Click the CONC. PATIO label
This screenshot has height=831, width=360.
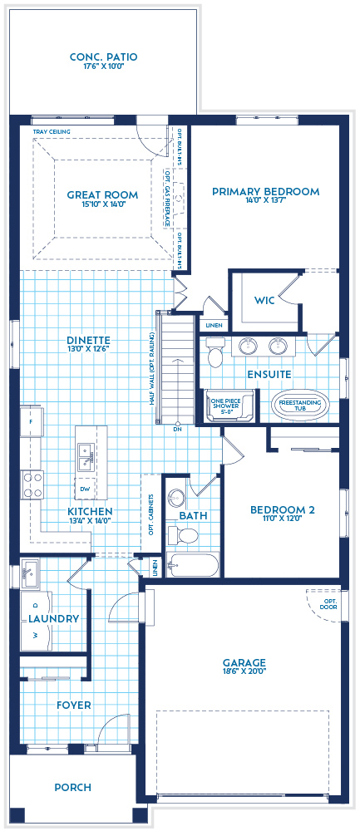pyautogui.click(x=103, y=57)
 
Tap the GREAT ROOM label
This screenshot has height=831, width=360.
pyautogui.click(x=102, y=195)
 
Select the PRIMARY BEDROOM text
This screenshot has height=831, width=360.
pyautogui.click(x=265, y=191)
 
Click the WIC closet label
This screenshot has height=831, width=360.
pyautogui.click(x=264, y=299)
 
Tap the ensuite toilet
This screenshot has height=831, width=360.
pyautogui.click(x=215, y=356)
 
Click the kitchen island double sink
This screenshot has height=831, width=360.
pyautogui.click(x=86, y=453)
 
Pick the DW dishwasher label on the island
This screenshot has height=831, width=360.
pyautogui.click(x=86, y=489)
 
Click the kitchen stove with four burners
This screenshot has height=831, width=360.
pyautogui.click(x=32, y=484)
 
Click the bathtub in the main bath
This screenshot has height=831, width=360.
pyautogui.click(x=192, y=566)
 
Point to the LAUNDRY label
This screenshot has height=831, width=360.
pyautogui.click(x=53, y=618)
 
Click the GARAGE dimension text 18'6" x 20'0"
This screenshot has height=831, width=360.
pyautogui.click(x=244, y=675)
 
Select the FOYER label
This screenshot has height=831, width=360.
pyautogui.click(x=73, y=705)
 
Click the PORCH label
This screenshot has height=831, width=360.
pyautogui.click(x=73, y=787)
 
